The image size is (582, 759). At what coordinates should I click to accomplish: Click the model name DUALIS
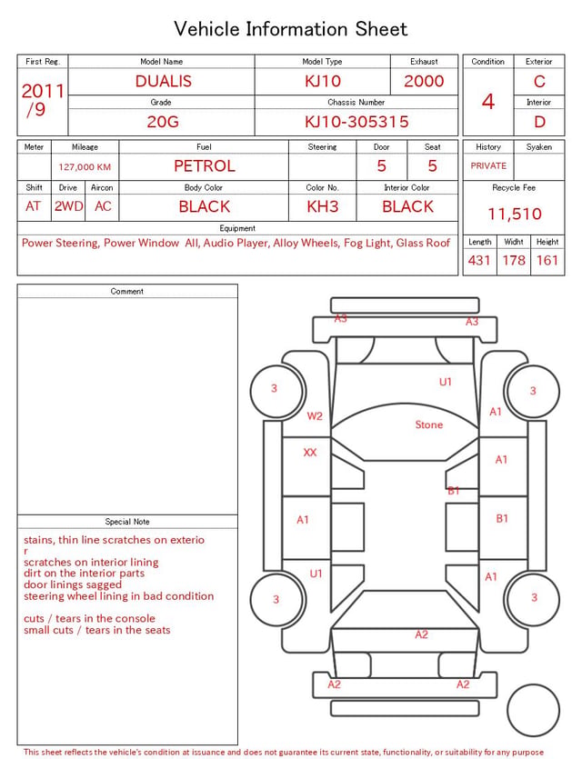click(163, 81)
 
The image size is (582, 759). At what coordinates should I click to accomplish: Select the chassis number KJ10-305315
click(356, 122)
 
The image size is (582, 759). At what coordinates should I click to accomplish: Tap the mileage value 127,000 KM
click(85, 167)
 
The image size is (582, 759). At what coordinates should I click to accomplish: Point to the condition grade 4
click(488, 102)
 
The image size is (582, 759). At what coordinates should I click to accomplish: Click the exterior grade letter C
click(539, 81)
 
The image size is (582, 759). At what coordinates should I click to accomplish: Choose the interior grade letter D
click(539, 122)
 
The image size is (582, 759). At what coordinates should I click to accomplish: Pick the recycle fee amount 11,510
click(514, 214)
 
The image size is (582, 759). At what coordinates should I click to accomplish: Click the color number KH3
click(323, 206)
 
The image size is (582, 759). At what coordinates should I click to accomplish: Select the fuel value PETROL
click(205, 166)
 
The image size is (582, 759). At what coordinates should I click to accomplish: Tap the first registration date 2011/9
click(43, 100)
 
